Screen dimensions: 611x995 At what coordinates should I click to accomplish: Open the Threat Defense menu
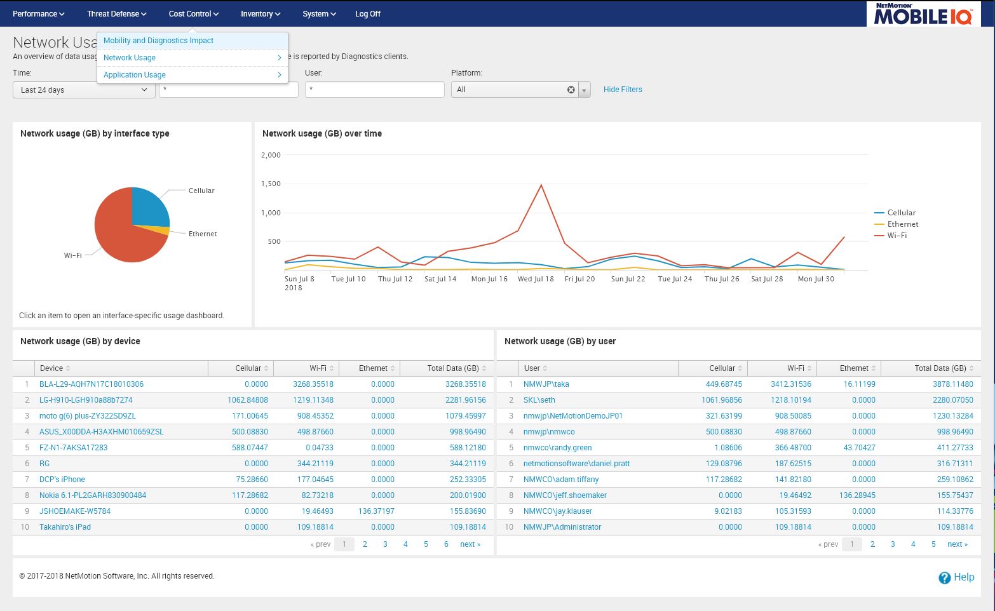(116, 13)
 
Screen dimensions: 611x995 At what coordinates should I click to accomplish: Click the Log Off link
(367, 13)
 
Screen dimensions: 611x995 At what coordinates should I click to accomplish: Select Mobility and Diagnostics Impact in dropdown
(158, 41)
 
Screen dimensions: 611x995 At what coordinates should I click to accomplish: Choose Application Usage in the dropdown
(135, 75)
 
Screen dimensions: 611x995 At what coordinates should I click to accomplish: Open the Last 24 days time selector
(84, 90)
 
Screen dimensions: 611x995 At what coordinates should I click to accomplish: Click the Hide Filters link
(622, 90)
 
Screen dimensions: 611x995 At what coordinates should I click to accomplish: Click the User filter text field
(374, 90)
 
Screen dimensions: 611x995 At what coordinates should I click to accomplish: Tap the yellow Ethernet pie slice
(163, 230)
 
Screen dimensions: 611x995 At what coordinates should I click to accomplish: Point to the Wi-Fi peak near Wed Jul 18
(541, 185)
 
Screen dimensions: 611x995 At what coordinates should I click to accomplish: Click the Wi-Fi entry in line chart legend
(897, 236)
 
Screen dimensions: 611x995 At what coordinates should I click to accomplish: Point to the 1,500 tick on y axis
(271, 184)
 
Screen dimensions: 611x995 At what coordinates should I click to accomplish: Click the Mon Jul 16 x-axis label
(489, 279)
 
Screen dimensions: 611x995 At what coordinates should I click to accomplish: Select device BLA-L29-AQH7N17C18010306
(91, 384)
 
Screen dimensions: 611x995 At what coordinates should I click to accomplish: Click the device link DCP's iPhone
(62, 480)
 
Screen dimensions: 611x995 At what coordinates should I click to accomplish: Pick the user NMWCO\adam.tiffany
(560, 480)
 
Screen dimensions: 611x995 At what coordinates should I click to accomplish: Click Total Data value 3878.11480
(944, 384)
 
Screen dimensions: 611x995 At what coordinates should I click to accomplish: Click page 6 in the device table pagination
(446, 544)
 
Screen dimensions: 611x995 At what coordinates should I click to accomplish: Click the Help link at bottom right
(956, 577)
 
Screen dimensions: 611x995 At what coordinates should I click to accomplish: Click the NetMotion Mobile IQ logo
(923, 14)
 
